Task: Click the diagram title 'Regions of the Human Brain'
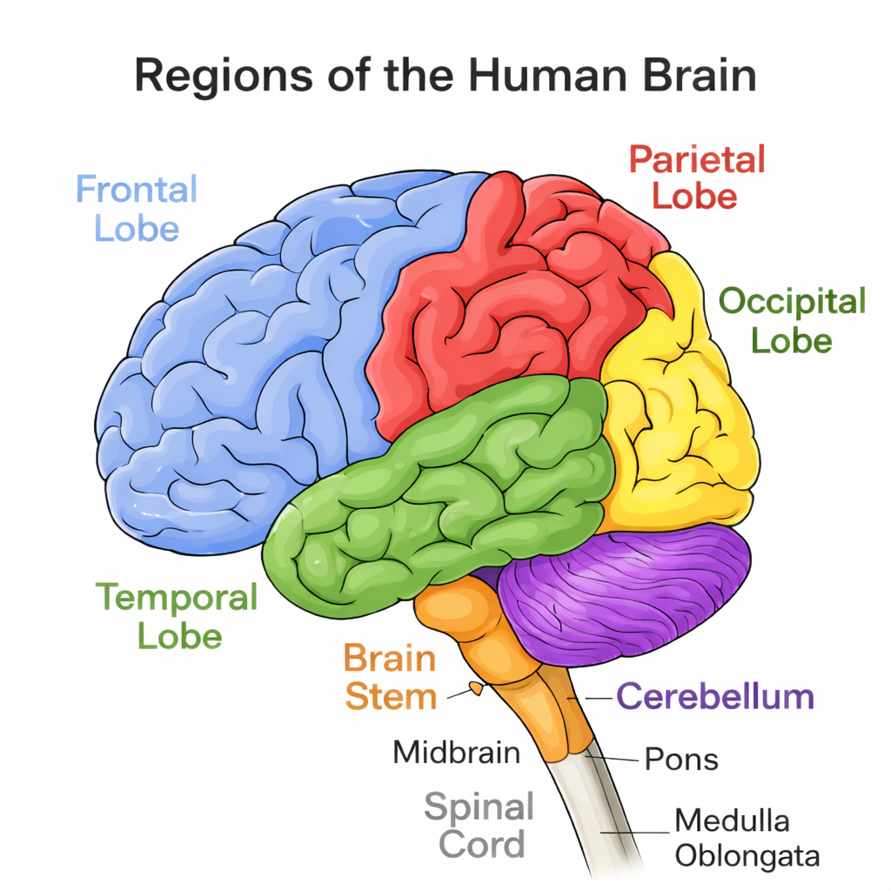445,77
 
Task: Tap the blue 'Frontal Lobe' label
137,208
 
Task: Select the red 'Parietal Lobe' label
696,178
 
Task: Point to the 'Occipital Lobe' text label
792,320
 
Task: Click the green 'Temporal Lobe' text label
178,616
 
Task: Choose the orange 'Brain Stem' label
389,678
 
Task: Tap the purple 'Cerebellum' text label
715,697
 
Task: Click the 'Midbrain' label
456,752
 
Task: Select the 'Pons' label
681,760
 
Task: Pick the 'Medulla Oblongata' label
747,837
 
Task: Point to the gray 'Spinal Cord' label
479,825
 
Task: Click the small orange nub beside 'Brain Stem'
476,688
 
